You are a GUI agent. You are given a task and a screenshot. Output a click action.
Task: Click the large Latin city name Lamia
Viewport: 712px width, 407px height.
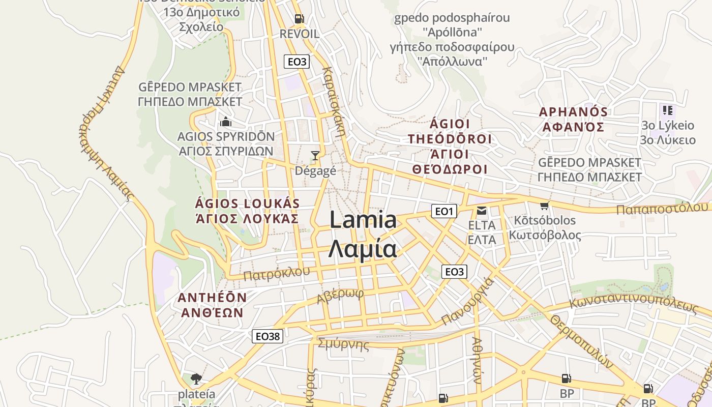pyautogui.click(x=363, y=220)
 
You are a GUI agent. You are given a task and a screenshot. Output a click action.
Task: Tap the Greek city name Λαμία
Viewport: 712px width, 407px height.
pyautogui.click(x=362, y=249)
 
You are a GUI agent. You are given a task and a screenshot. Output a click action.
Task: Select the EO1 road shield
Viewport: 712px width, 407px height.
pyautogui.click(x=444, y=211)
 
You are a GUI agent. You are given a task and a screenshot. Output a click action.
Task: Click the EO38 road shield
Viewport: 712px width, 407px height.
pyautogui.click(x=268, y=336)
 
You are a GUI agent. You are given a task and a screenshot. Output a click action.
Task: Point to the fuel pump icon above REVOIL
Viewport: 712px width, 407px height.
pyautogui.click(x=300, y=19)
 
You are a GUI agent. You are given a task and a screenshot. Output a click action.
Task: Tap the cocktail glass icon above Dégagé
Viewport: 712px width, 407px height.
pyautogui.click(x=315, y=155)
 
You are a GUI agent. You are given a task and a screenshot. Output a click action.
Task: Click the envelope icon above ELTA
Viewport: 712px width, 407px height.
pyautogui.click(x=481, y=211)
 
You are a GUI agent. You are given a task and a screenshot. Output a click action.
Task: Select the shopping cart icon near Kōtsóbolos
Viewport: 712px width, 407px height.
pyautogui.click(x=545, y=206)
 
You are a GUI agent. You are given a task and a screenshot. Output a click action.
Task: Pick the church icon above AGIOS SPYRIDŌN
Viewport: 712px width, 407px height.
pyautogui.click(x=225, y=122)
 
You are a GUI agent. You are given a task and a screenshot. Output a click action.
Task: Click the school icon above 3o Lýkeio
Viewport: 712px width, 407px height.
pyautogui.click(x=667, y=110)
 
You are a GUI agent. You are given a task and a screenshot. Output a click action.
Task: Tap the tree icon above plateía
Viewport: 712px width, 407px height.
pyautogui.click(x=196, y=379)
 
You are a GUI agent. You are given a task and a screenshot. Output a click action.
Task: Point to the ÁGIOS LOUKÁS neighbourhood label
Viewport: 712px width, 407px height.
pyautogui.click(x=247, y=203)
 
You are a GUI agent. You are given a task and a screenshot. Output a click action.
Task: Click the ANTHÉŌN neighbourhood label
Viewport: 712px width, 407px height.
pyautogui.click(x=212, y=297)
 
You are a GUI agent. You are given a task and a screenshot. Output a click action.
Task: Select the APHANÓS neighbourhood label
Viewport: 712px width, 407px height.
pyautogui.click(x=573, y=112)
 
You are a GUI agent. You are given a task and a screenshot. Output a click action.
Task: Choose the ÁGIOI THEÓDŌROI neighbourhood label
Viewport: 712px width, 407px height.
pyautogui.click(x=450, y=139)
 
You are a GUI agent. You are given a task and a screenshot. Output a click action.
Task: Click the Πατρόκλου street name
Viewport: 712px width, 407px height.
pyautogui.click(x=276, y=274)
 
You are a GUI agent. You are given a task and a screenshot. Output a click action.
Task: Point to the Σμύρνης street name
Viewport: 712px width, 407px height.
pyautogui.click(x=343, y=344)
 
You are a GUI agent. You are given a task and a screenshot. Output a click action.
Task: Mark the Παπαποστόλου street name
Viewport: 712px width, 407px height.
pyautogui.click(x=662, y=208)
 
